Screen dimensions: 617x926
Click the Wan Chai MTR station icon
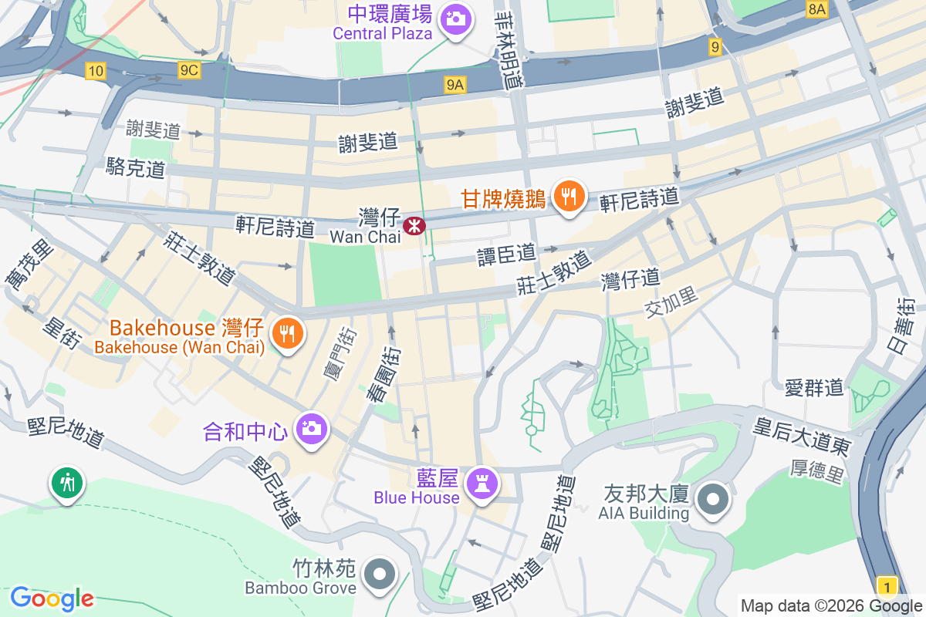pos(414,225)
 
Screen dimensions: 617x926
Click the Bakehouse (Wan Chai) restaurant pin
pos(288,334)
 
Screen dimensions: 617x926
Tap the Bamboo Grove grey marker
pos(380,575)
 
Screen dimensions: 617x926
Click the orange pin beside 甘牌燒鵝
pos(569,197)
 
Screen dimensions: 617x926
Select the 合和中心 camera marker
pos(312,429)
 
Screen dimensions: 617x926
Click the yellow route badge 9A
pos(455,86)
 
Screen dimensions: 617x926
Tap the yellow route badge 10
pos(95,71)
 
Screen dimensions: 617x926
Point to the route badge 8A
pos(816,9)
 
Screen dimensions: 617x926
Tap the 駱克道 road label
pos(137,167)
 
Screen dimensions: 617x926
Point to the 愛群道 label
pos(814,387)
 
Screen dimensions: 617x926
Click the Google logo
pos(52,598)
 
